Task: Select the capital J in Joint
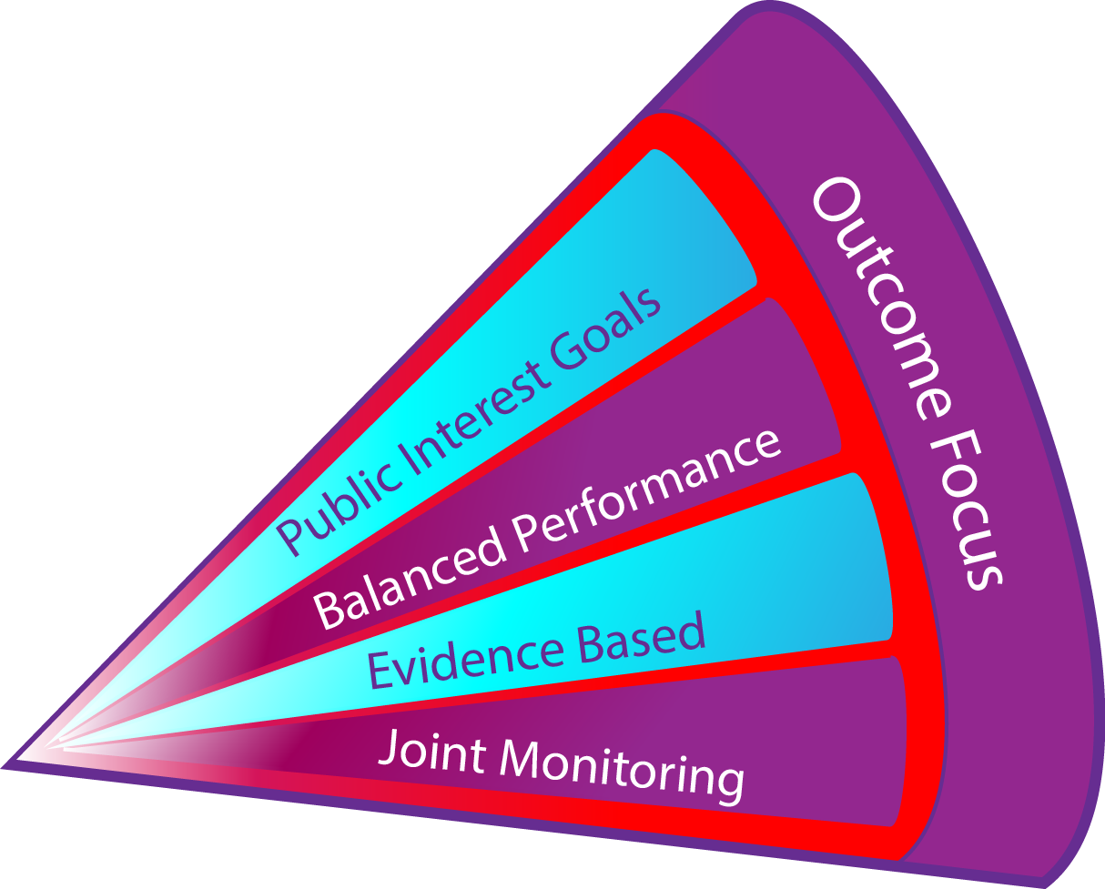386,749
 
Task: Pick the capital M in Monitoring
521,757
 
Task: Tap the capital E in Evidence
380,669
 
